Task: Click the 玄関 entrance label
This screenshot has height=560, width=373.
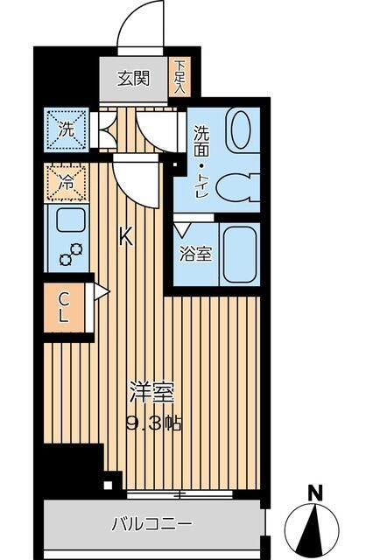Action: click(134, 77)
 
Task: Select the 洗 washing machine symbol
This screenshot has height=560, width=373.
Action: click(67, 128)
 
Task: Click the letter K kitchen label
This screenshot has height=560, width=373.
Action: click(126, 237)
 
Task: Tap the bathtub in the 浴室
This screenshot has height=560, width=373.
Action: click(238, 253)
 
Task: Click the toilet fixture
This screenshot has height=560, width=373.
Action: click(234, 186)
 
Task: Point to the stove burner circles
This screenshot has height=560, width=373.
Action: click(70, 253)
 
